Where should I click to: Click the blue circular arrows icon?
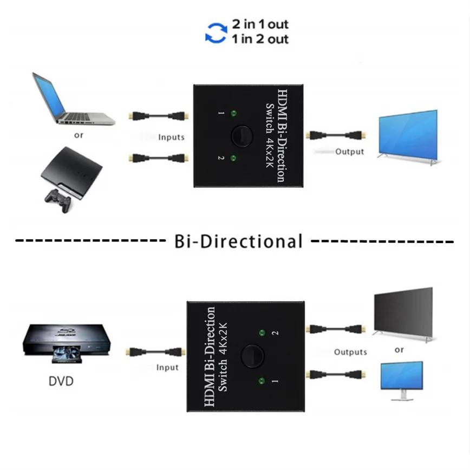216,33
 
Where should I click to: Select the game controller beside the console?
58,200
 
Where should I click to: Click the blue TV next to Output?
408,138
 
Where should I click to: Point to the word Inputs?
171,138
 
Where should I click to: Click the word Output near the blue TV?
349,152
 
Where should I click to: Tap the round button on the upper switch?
241,136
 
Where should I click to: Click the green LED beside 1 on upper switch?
233,113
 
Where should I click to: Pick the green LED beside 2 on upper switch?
233,158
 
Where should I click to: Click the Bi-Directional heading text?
238,241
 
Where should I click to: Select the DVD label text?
61,381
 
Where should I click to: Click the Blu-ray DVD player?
67,343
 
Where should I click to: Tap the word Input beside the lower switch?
167,368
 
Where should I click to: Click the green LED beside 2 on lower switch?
262,333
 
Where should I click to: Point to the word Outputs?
350,352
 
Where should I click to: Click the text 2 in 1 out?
260,24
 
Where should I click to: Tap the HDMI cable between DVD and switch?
153,351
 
